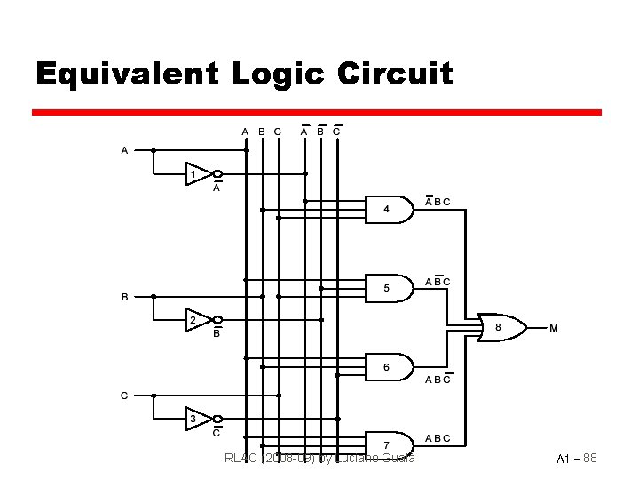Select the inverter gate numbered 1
pyautogui.click(x=198, y=174)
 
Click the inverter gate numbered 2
pyautogui.click(x=198, y=319)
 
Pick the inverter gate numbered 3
pyautogui.click(x=198, y=418)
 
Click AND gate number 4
pyautogui.click(x=389, y=210)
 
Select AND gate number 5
pyautogui.click(x=389, y=288)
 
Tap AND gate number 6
pyautogui.click(x=389, y=367)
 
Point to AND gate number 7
pyautogui.click(x=389, y=444)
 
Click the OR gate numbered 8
pyautogui.click(x=499, y=328)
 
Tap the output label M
pyautogui.click(x=554, y=329)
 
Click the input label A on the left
pyautogui.click(x=124, y=150)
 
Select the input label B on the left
pyautogui.click(x=124, y=296)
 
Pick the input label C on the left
pyautogui.click(x=124, y=395)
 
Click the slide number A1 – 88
pyautogui.click(x=577, y=459)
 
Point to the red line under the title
pyautogui.click(x=317, y=113)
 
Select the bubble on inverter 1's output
pyautogui.click(x=217, y=174)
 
